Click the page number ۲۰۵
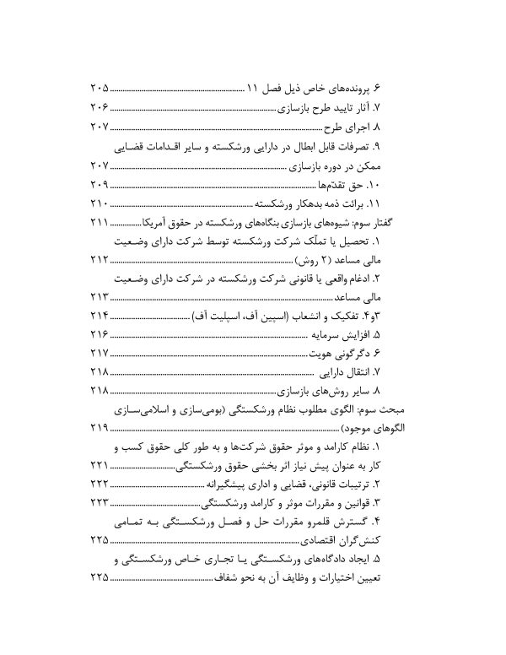point(100,89)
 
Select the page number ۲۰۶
point(100,108)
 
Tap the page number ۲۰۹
point(100,185)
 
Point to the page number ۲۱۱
point(100,223)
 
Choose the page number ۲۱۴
point(100,317)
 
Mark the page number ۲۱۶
point(100,336)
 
